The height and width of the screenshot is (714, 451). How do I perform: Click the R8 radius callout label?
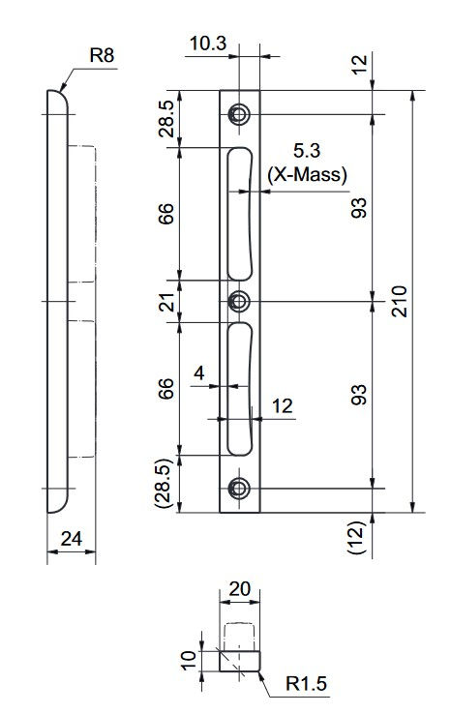pos(102,55)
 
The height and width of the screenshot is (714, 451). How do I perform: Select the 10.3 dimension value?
pos(208,44)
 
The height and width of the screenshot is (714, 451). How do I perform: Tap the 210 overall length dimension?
pos(400,301)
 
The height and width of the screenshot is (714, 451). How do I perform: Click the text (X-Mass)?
pos(308,174)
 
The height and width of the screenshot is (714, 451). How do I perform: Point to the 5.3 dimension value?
pos(307,151)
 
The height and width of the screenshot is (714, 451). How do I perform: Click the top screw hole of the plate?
pos(239,114)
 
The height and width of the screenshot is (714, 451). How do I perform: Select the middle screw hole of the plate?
pos(239,301)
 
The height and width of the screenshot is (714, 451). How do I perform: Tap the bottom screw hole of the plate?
pos(239,489)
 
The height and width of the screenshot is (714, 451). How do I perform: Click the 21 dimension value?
pos(168,302)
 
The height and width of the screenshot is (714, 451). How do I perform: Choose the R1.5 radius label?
pos(306,683)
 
